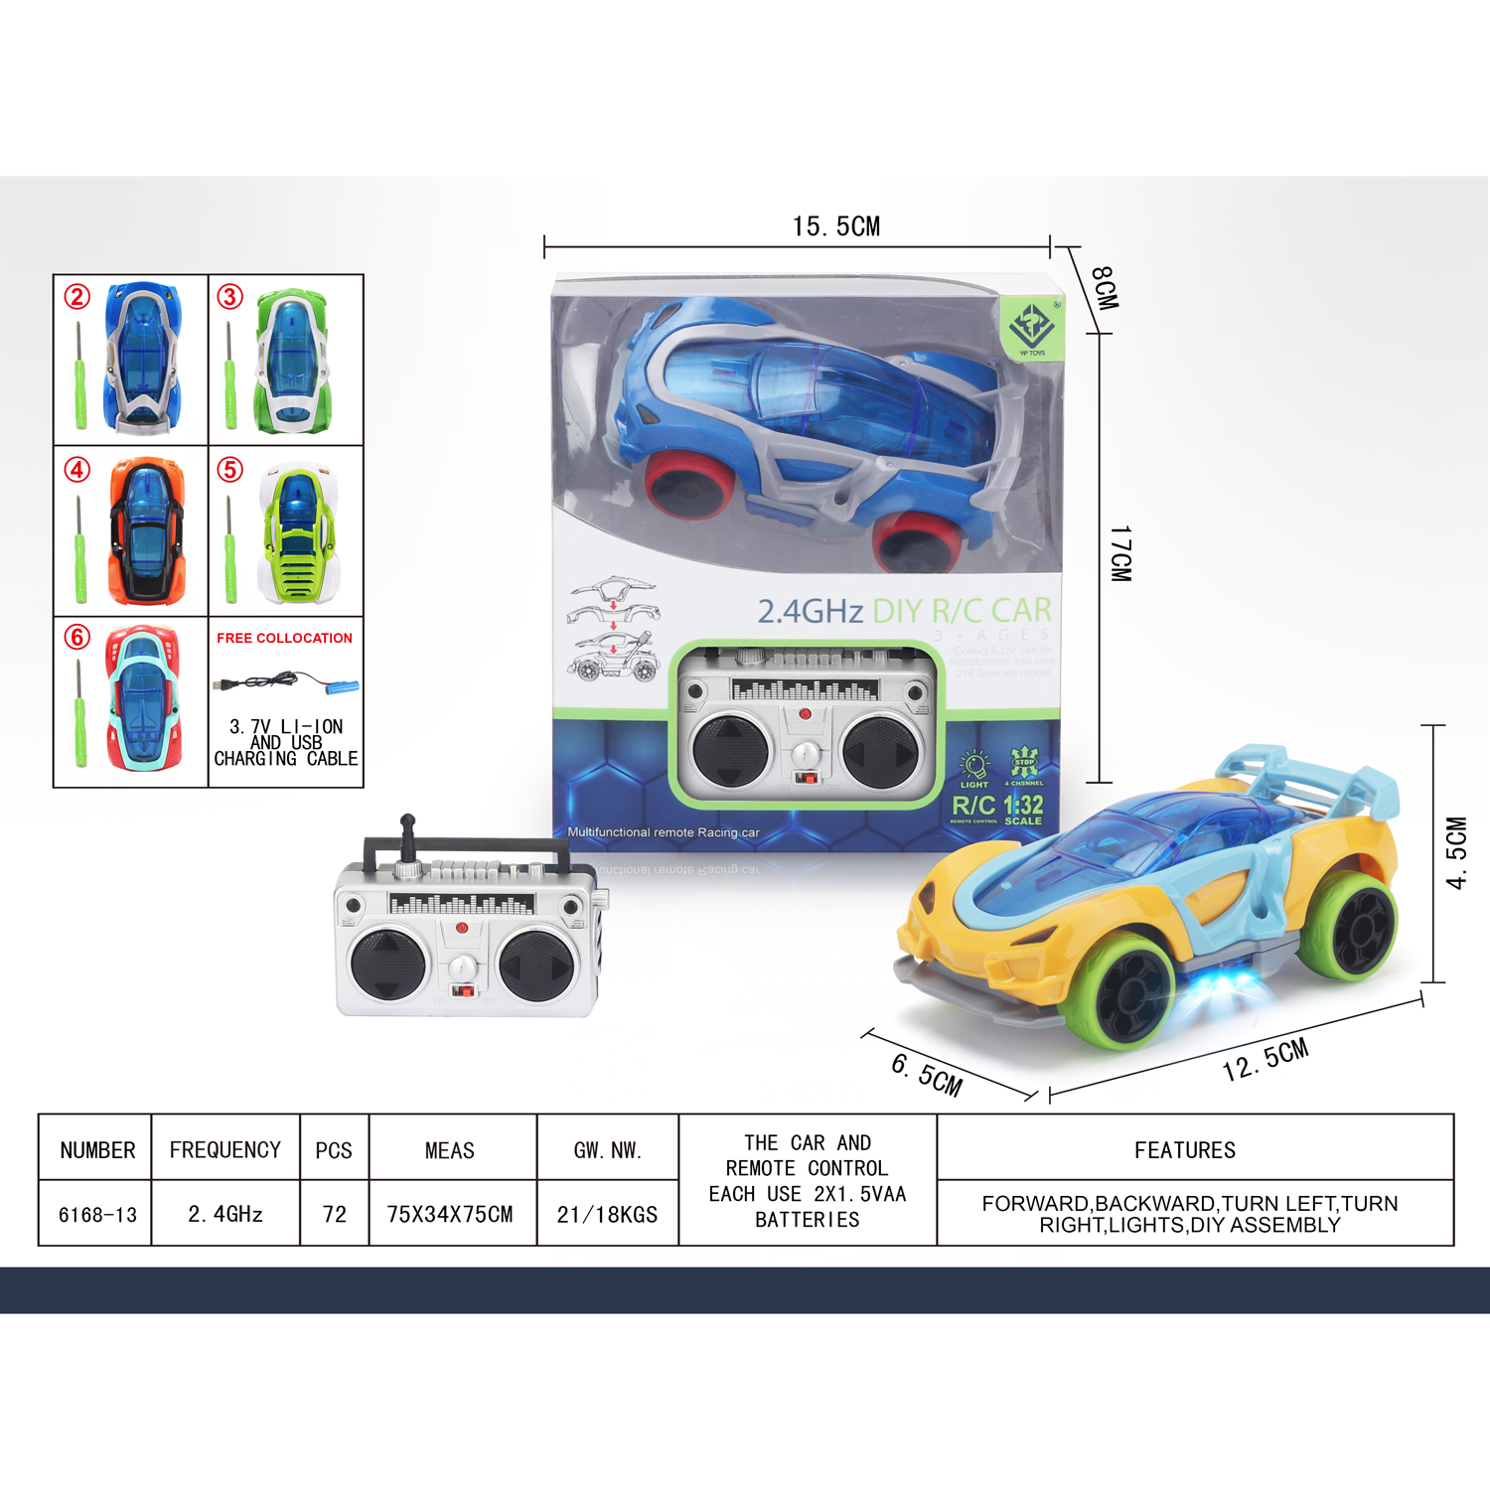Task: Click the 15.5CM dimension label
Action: pyautogui.click(x=836, y=226)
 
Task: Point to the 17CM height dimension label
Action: pyautogui.click(x=1119, y=553)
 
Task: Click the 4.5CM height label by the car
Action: pyautogui.click(x=1455, y=852)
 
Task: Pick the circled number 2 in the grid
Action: pyautogui.click(x=77, y=296)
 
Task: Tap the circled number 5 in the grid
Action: pyautogui.click(x=230, y=469)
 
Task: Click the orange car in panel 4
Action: pyautogui.click(x=146, y=530)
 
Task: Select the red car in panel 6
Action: pyautogui.click(x=143, y=697)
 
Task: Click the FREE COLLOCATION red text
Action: pyautogui.click(x=284, y=638)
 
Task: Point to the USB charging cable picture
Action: pyautogui.click(x=285, y=683)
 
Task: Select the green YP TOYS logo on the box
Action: pyautogui.click(x=1032, y=327)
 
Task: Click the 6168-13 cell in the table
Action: pyautogui.click(x=97, y=1214)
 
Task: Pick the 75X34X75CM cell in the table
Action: pyautogui.click(x=450, y=1214)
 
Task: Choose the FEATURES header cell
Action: pyautogui.click(x=1185, y=1149)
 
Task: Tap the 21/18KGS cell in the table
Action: pyautogui.click(x=607, y=1214)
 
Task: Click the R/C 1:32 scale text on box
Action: pyautogui.click(x=997, y=807)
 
